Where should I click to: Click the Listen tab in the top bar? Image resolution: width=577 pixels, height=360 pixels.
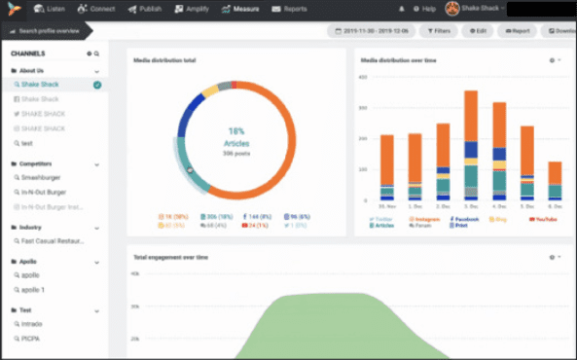(x=51, y=9)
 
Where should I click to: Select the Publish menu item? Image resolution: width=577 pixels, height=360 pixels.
(x=146, y=9)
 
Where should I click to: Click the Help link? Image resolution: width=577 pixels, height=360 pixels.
(x=424, y=9)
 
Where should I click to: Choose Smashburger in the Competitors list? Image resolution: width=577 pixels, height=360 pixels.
(x=45, y=179)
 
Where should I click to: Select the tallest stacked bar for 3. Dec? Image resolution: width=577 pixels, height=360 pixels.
(x=471, y=146)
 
